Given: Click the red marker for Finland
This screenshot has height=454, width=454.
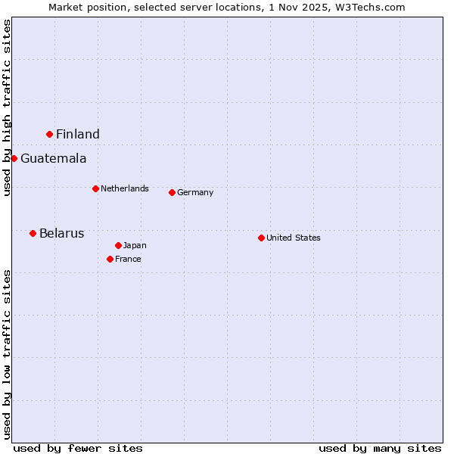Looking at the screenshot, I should click(x=50, y=134).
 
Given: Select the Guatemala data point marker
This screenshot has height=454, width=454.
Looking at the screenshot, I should click(x=14, y=158).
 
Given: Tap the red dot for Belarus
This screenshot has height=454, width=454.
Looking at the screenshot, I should click(x=33, y=233).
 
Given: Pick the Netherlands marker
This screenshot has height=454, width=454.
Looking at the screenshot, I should click(x=95, y=188).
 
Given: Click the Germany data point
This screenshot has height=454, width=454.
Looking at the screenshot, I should click(x=172, y=192).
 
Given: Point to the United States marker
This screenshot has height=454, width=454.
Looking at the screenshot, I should click(x=261, y=238).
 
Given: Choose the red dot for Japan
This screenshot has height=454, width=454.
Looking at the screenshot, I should click(x=118, y=245).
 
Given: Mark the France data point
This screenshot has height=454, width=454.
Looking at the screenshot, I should click(x=110, y=259).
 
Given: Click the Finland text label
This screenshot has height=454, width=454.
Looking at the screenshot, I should click(x=78, y=135).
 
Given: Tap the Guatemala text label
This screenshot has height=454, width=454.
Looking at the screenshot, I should click(x=53, y=159).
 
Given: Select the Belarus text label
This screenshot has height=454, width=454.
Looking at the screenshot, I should click(x=61, y=234).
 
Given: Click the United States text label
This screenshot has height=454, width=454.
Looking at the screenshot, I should click(x=294, y=238).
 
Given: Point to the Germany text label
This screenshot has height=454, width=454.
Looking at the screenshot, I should click(x=195, y=193).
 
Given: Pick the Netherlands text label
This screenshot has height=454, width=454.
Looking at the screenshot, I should click(x=125, y=188).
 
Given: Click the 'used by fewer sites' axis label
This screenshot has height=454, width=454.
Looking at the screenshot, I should click(x=78, y=448).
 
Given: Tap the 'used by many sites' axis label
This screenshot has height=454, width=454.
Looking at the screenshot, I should click(x=380, y=448).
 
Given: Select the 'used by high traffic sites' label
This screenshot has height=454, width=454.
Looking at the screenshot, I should click(x=7, y=107).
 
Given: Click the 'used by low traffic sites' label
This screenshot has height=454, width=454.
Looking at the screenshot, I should click(x=7, y=354).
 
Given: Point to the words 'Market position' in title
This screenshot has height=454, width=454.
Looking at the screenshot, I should click(x=84, y=7).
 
